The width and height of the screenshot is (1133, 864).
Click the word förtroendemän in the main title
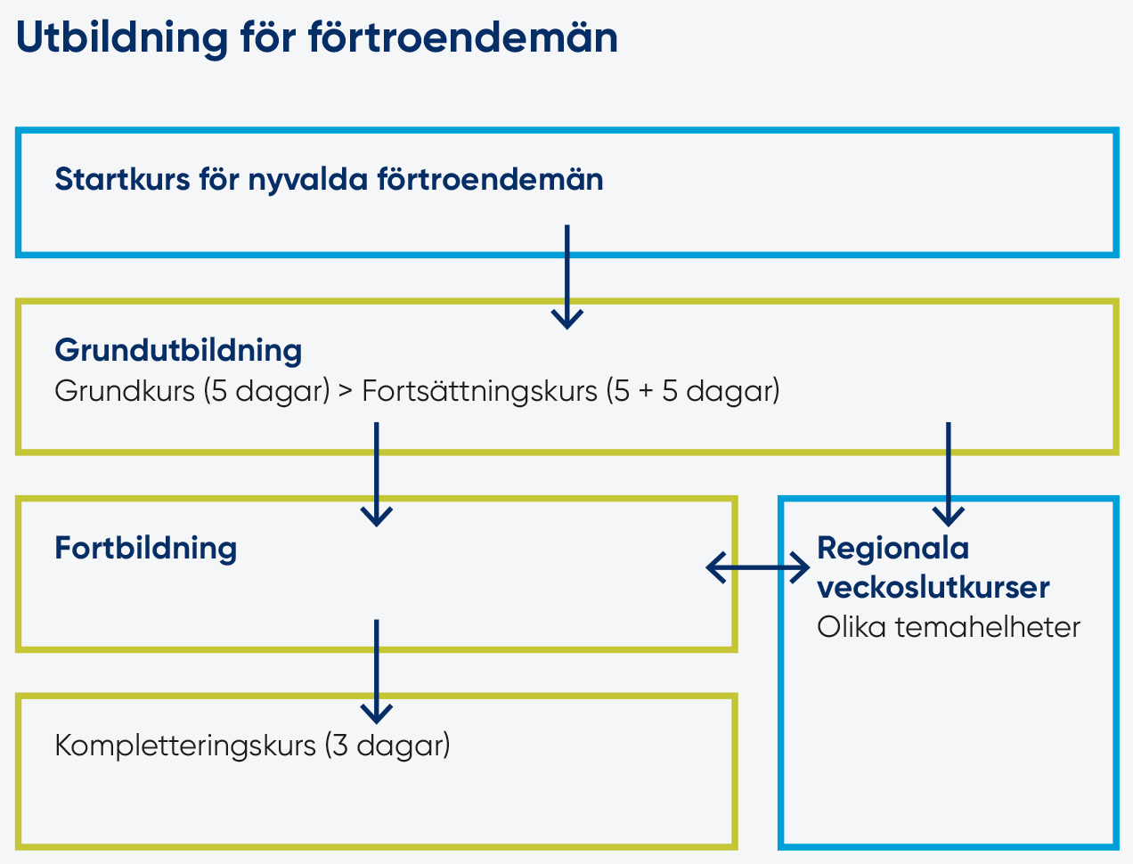[463, 37]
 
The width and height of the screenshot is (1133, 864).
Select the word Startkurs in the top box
[122, 180]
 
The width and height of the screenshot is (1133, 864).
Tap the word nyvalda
[308, 181]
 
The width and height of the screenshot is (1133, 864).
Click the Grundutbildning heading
[178, 352]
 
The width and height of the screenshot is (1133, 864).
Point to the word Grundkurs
[125, 391]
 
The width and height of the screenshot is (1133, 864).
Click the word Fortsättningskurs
[479, 391]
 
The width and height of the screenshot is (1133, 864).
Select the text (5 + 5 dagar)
[693, 391]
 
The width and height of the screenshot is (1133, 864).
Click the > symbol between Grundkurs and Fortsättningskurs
[346, 391]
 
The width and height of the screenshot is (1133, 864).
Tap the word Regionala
[893, 548]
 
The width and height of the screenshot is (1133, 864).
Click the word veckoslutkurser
[933, 587]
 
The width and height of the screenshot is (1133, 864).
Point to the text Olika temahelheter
[949, 628]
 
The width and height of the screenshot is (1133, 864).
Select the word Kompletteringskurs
[185, 746]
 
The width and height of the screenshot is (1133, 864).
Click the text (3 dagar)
[387, 746]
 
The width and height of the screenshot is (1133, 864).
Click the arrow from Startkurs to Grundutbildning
[566, 277]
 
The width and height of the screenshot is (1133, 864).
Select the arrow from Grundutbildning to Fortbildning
[376, 475]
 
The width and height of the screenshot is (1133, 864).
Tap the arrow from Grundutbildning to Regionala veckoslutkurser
[949, 475]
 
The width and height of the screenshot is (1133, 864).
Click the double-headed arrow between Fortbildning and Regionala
[757, 567]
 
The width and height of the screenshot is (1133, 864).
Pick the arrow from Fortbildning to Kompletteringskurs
[376, 672]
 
